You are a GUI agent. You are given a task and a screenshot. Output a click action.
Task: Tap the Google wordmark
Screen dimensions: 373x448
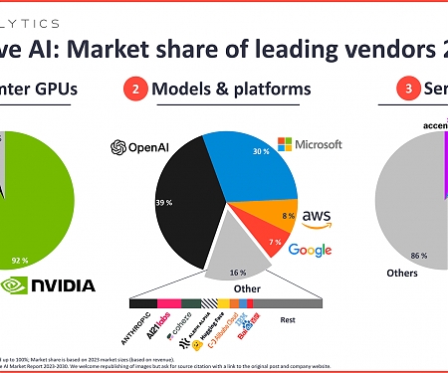tap(310, 250)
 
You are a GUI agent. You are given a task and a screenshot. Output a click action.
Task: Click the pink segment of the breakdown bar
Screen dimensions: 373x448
tap(168, 301)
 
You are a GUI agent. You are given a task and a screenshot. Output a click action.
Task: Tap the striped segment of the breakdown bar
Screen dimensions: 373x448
tap(211, 301)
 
